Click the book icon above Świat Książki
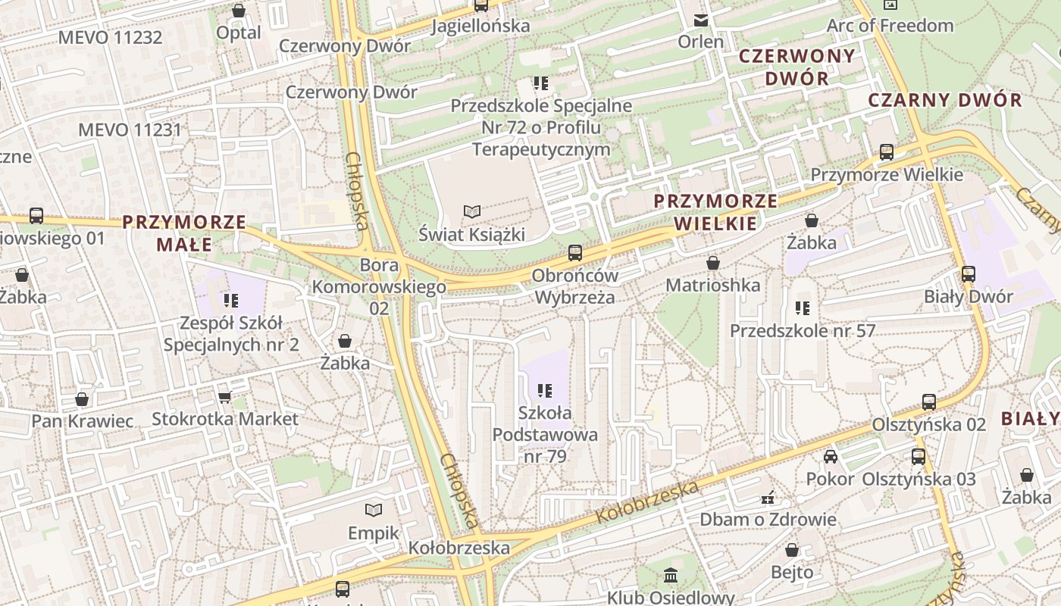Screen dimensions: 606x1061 (x=472, y=211)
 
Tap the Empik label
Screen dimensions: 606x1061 (x=373, y=533)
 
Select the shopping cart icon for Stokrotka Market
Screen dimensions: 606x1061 (x=224, y=397)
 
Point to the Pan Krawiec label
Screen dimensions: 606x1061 (x=82, y=421)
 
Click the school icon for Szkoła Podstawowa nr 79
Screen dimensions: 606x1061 (x=544, y=391)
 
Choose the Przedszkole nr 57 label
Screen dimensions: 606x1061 (x=803, y=331)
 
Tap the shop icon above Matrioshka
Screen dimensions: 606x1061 (x=712, y=263)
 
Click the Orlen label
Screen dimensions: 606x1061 (x=701, y=42)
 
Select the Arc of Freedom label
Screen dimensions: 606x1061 (x=890, y=26)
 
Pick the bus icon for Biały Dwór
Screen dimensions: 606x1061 (x=968, y=274)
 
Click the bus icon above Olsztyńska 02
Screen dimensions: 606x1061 (x=929, y=402)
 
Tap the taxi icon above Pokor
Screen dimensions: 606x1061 (x=831, y=457)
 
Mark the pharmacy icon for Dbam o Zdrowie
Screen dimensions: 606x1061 (x=768, y=498)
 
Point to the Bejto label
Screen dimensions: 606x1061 (x=792, y=572)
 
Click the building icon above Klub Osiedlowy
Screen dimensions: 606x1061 (x=671, y=575)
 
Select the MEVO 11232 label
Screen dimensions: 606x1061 (x=110, y=37)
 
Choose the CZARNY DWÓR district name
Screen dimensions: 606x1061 (x=944, y=100)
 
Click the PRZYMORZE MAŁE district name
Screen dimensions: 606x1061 (x=184, y=233)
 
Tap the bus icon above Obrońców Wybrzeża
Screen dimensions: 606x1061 (x=575, y=253)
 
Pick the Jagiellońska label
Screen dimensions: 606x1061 (x=480, y=27)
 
